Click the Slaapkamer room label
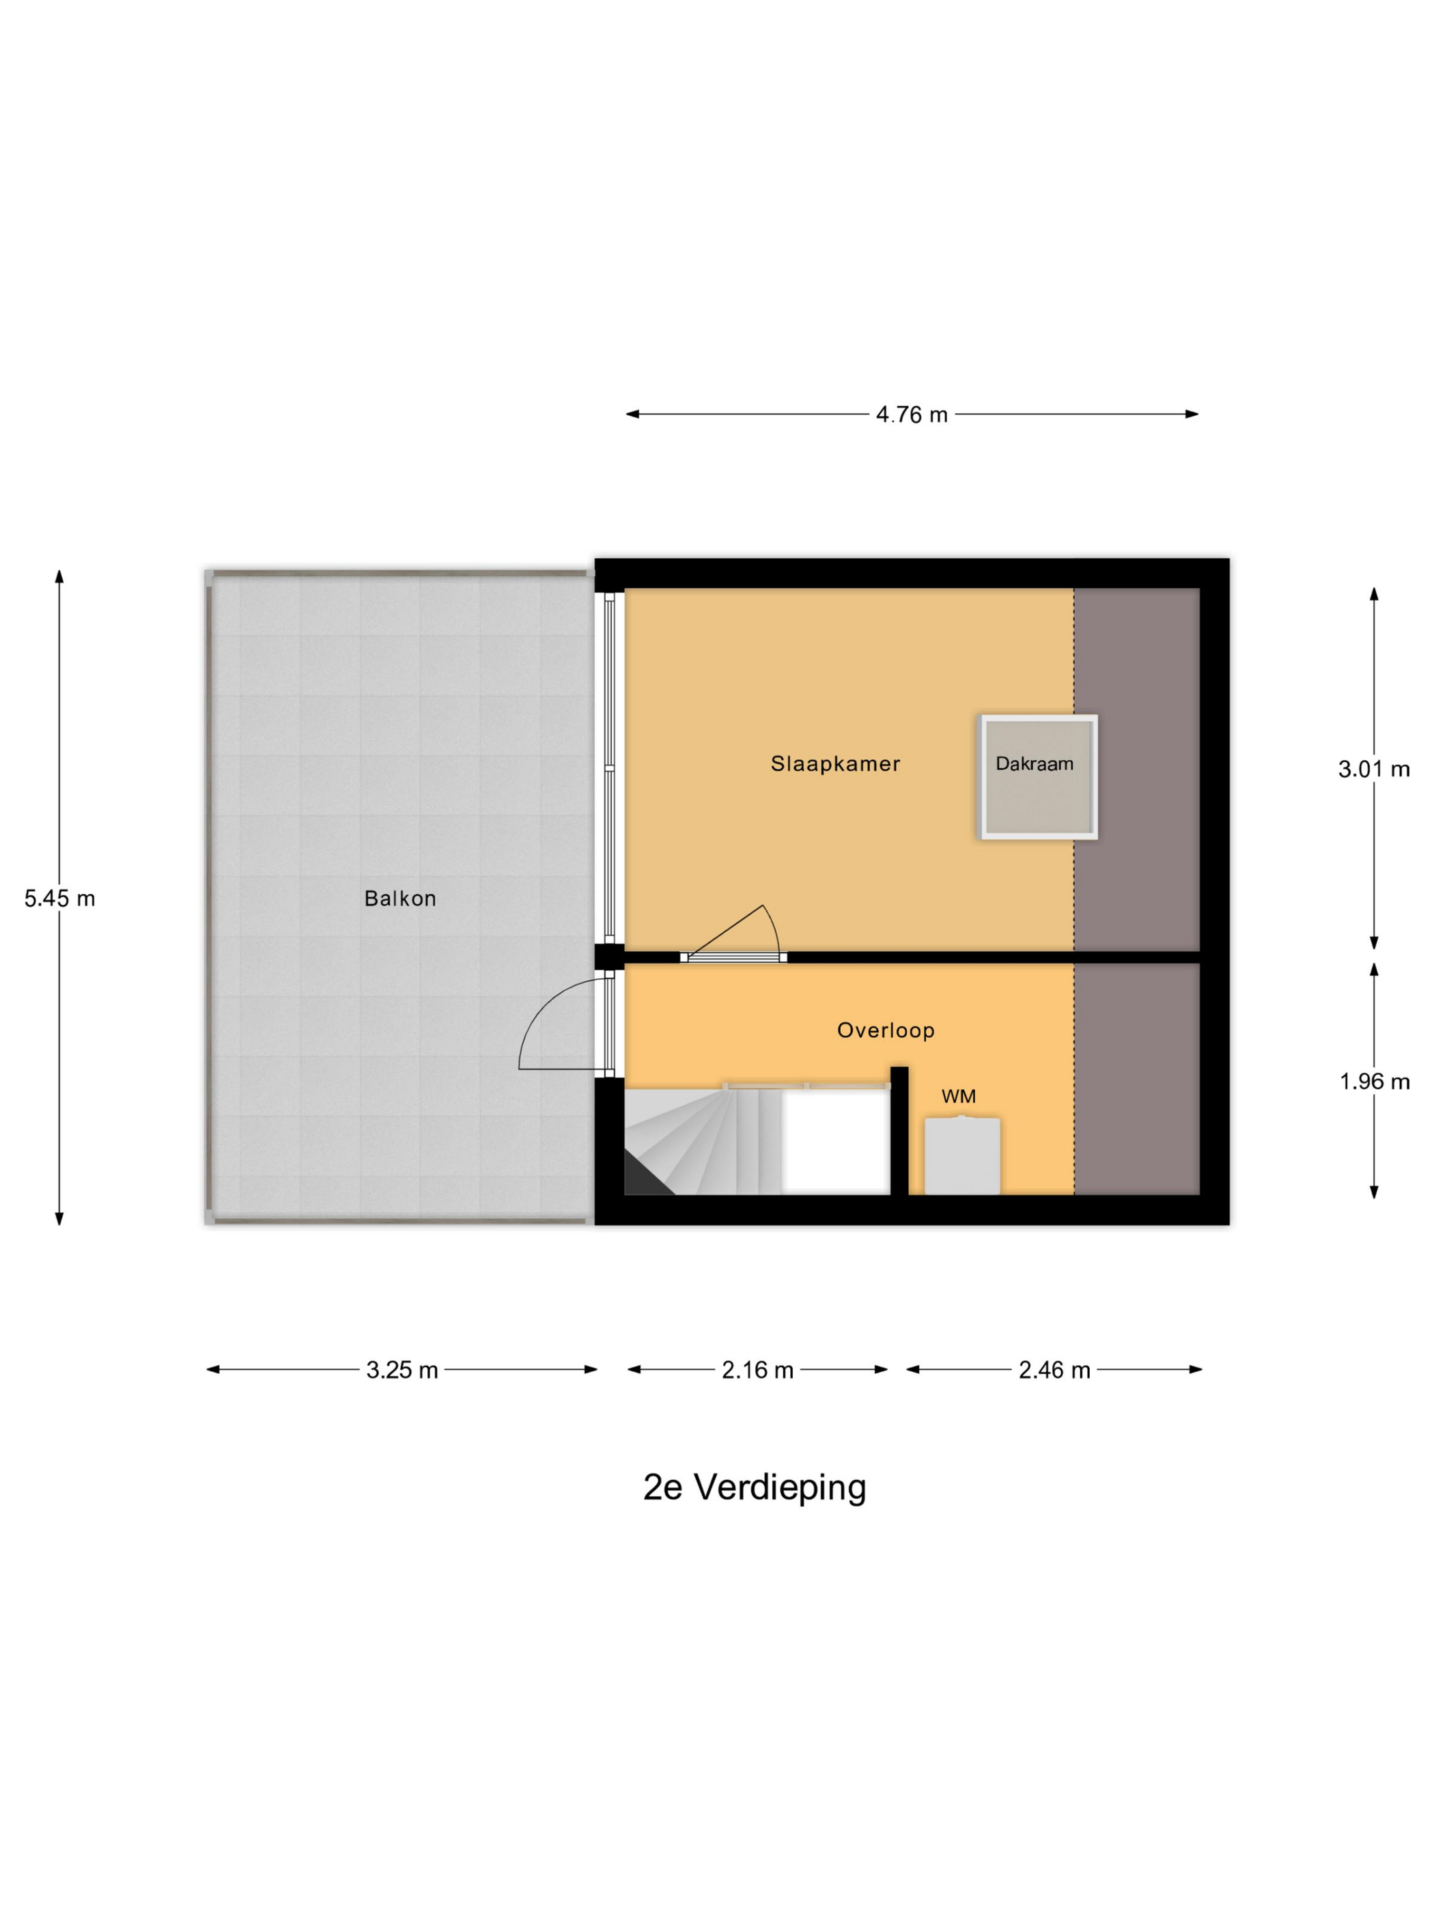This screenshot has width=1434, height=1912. click(835, 763)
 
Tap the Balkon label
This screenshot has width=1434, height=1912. click(399, 898)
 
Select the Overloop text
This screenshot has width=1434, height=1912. click(885, 1030)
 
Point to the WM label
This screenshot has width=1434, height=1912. click(958, 1096)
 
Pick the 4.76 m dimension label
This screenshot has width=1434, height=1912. click(911, 415)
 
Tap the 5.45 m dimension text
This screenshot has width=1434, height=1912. click(59, 898)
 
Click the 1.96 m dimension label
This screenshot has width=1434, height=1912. click(1373, 1082)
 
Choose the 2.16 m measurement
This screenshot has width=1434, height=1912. click(757, 1370)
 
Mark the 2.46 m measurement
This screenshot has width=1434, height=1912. click(1054, 1370)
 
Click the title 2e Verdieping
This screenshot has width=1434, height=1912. click(754, 1487)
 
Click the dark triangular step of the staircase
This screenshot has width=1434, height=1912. click(643, 1179)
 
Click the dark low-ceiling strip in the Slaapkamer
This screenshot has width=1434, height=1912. click(1136, 770)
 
